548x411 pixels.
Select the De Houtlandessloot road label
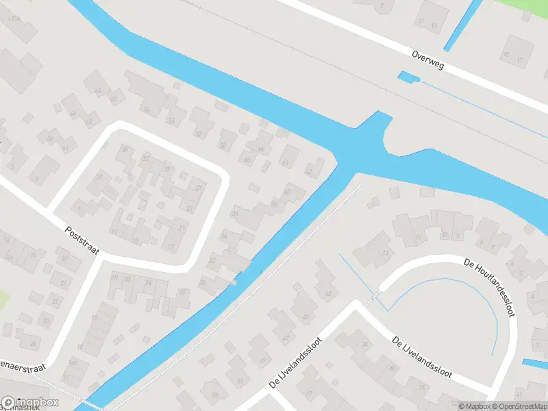click(x=489, y=287)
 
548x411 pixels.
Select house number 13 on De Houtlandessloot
click(x=385, y=252)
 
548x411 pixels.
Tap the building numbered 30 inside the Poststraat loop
click(x=100, y=177)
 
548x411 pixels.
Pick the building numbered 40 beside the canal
click(x=287, y=192)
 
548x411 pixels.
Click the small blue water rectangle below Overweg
click(x=407, y=77)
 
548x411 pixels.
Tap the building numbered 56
click(x=146, y=109)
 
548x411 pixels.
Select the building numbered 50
click(x=222, y=146)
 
